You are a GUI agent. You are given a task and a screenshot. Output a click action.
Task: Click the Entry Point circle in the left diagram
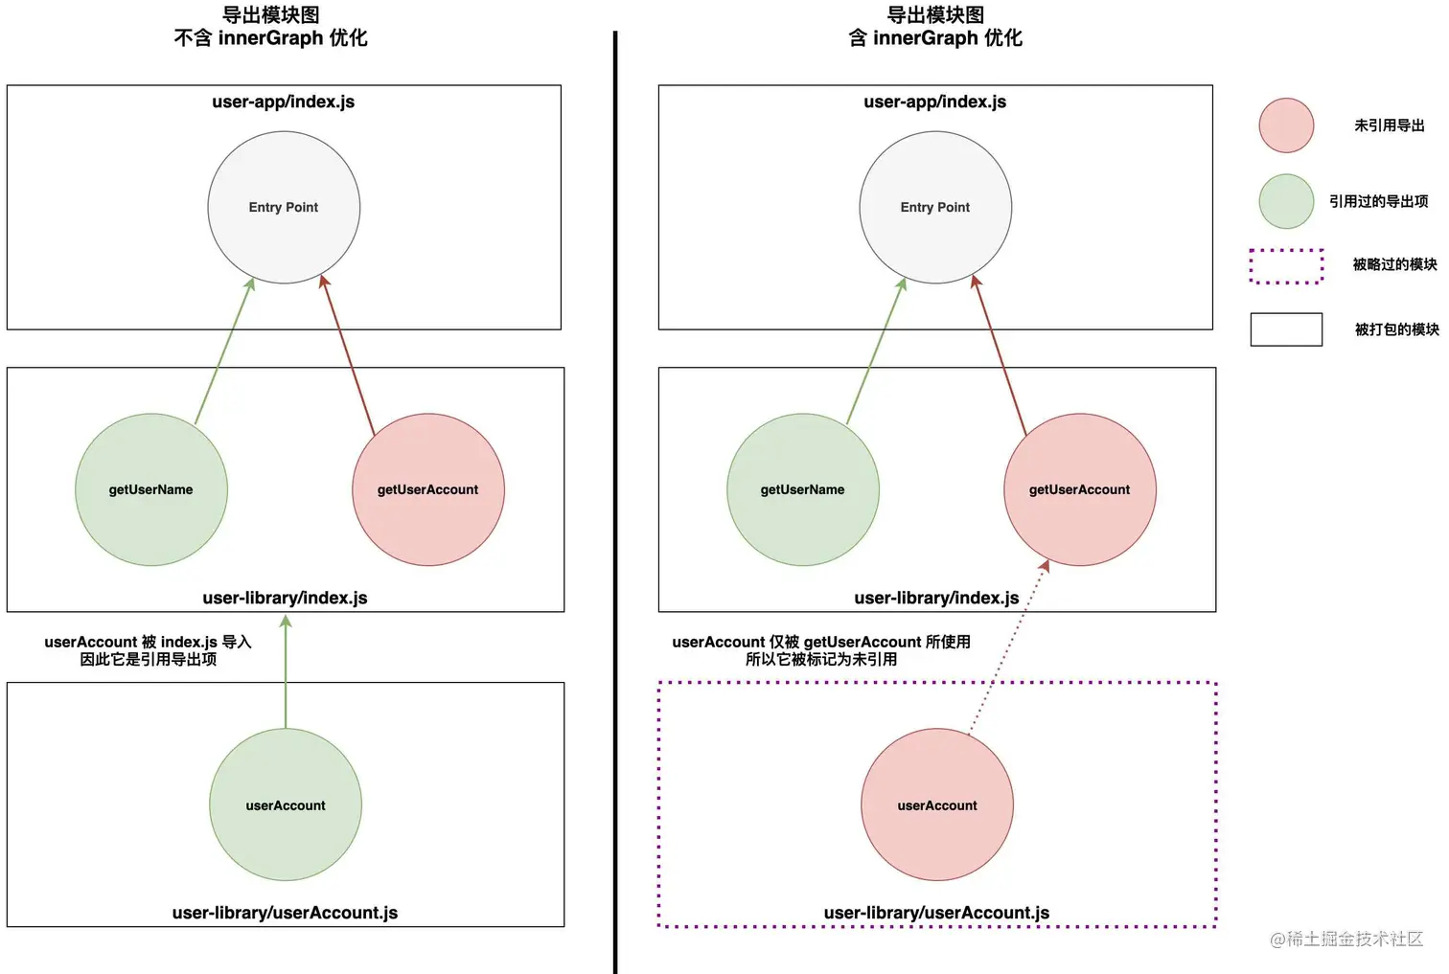pyautogui.click(x=284, y=207)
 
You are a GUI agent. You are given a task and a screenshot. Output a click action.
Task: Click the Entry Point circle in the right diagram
pyautogui.click(x=935, y=207)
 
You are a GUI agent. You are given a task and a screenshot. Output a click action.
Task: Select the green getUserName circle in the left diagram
pyautogui.click(x=151, y=489)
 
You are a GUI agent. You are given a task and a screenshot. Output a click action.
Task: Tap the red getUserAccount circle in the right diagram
pyautogui.click(x=1080, y=489)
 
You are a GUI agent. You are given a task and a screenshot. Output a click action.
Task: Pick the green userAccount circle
pyautogui.click(x=286, y=804)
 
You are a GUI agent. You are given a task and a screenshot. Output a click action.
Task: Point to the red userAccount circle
pyautogui.click(x=937, y=804)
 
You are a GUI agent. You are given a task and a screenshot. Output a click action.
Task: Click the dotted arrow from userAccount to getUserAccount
pyautogui.click(x=1006, y=651)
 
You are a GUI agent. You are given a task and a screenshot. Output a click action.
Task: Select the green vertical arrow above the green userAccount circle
pyautogui.click(x=286, y=670)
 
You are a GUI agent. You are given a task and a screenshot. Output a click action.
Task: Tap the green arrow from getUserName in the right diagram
pyautogui.click(x=876, y=351)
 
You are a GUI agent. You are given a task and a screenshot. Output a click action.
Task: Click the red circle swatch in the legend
pyautogui.click(x=1286, y=125)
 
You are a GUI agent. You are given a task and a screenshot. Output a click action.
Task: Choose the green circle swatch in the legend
pyautogui.click(x=1286, y=201)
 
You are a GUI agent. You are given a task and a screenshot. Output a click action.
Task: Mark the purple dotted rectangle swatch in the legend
pyautogui.click(x=1286, y=265)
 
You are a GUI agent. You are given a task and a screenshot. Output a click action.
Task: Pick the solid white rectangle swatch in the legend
pyautogui.click(x=1286, y=329)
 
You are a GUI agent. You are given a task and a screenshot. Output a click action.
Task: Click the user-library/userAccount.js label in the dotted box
pyautogui.click(x=936, y=913)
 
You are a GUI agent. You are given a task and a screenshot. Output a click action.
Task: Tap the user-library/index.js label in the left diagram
pyautogui.click(x=285, y=598)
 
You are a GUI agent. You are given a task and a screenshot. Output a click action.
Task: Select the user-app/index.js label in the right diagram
pyautogui.click(x=934, y=102)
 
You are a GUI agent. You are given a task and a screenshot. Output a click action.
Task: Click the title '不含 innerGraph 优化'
pyautogui.click(x=270, y=38)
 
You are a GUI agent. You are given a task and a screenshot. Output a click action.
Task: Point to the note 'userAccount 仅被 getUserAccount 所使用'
pyautogui.click(x=821, y=642)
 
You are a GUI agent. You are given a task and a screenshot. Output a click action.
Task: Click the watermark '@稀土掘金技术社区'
pyautogui.click(x=1346, y=940)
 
